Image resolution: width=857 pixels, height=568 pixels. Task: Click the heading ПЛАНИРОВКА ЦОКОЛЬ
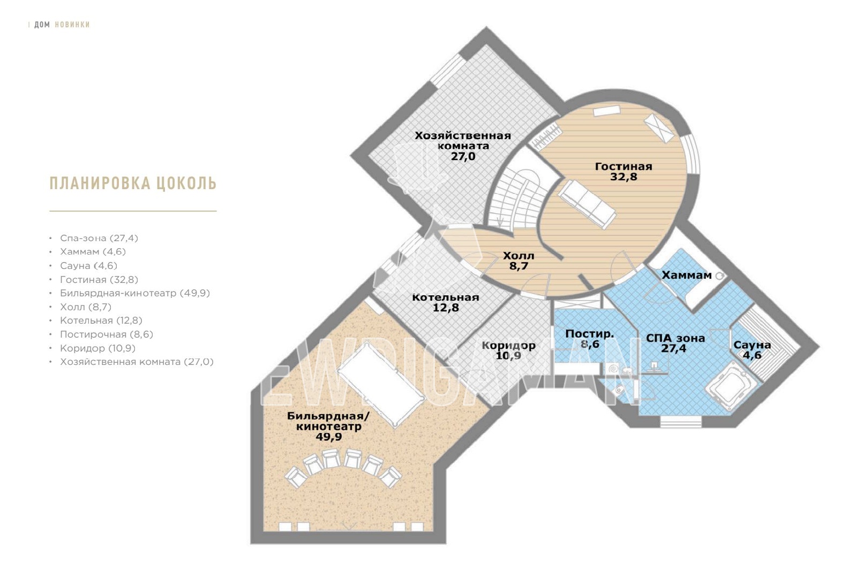pos(133,183)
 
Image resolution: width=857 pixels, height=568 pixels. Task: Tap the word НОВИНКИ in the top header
pos(72,25)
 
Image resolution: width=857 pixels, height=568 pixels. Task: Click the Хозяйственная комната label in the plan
pos(463,140)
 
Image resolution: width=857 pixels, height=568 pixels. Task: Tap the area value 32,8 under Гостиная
pos(623,176)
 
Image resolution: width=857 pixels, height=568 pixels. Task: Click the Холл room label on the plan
pos(518,255)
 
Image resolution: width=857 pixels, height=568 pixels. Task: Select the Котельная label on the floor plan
pos(445,297)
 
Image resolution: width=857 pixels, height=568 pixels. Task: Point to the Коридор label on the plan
pos(508,345)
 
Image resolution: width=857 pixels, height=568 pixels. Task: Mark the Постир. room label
pos(590,334)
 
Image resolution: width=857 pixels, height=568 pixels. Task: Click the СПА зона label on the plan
pos(675,338)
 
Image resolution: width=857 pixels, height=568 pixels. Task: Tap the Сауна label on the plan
pos(752,345)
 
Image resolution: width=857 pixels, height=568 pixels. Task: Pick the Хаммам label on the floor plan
pos(687,275)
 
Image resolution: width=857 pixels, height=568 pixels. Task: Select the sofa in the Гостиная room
pos(587,204)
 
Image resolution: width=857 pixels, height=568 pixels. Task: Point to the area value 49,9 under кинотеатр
pos(329,437)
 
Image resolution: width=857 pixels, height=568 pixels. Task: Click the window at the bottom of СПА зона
pos(681,421)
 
